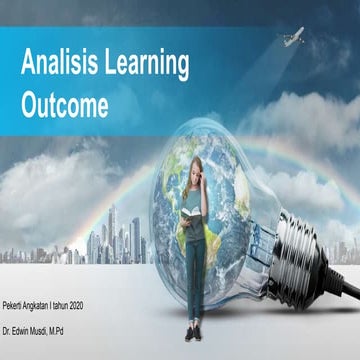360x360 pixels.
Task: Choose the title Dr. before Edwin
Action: [x=9, y=328]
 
